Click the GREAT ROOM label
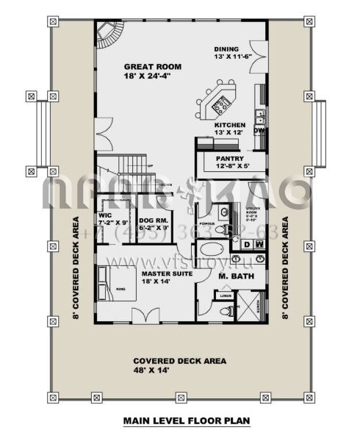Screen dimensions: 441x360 click(152, 66)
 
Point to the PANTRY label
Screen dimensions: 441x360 click(228, 158)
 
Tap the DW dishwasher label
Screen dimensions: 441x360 click(259, 131)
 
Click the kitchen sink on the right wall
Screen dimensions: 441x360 click(259, 114)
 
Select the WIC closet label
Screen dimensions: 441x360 click(104, 215)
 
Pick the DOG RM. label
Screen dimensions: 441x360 click(154, 215)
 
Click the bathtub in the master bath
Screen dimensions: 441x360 click(215, 251)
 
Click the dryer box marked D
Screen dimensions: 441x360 click(248, 244)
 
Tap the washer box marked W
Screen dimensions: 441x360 click(259, 244)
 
